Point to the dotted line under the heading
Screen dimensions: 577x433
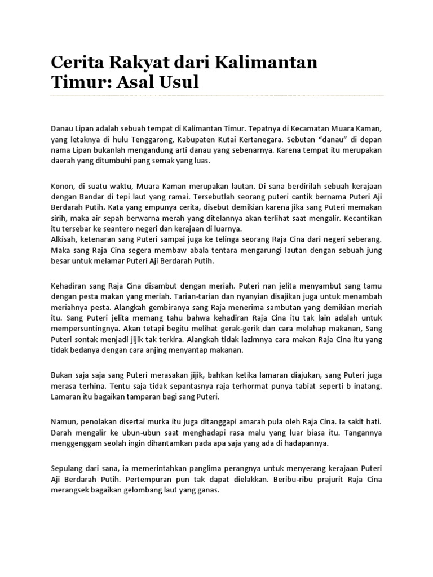(x=217, y=96)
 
